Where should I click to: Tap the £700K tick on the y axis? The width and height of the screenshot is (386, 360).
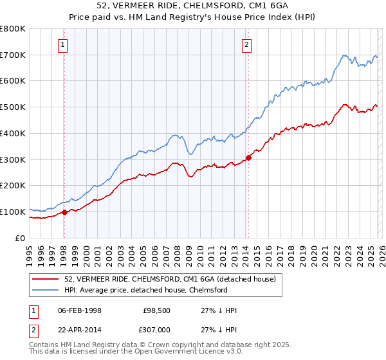click(x=13, y=55)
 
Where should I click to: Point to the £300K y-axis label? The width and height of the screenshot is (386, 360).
click(x=13, y=159)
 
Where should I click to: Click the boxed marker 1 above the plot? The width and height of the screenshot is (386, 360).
click(x=63, y=45)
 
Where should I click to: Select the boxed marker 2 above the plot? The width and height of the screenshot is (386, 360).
click(x=247, y=45)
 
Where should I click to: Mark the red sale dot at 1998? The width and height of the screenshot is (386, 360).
click(x=64, y=212)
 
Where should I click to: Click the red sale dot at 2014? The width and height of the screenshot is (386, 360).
click(x=248, y=158)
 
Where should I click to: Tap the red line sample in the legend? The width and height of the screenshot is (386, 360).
click(x=46, y=279)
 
